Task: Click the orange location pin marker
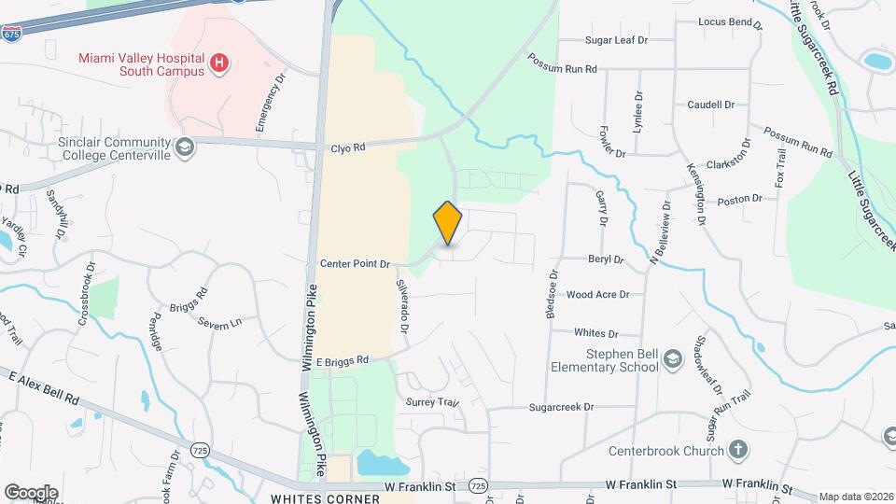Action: (448, 223)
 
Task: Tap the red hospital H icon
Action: (218, 63)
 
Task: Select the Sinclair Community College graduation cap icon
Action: (185, 147)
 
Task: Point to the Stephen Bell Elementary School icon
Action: (671, 360)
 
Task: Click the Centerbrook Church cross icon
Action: (738, 451)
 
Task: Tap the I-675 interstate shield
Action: (11, 34)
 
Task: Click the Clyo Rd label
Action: (347, 148)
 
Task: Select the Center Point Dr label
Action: (355, 265)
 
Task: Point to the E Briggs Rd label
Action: (343, 360)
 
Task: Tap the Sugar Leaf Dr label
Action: (616, 40)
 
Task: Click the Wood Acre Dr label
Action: (598, 295)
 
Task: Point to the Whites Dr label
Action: (596, 333)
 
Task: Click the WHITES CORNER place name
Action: (325, 498)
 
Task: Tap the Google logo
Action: (31, 492)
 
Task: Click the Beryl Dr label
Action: (605, 259)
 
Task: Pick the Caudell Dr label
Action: (712, 105)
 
